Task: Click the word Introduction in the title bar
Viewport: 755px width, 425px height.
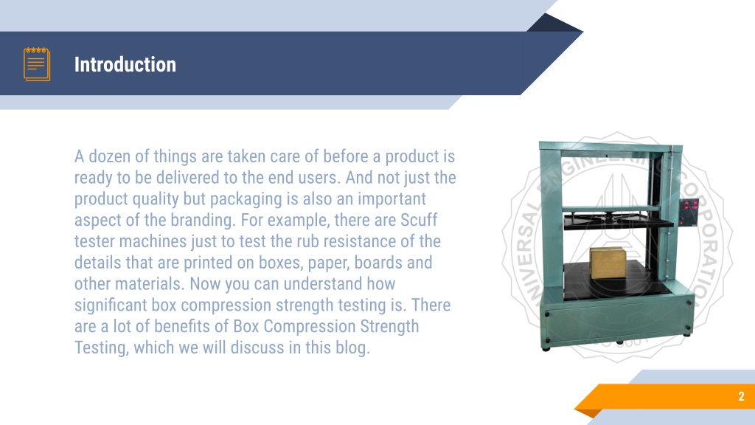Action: [x=125, y=65]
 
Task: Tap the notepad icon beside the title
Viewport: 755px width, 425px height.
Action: [x=37, y=64]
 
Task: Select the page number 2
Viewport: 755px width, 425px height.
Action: [x=741, y=397]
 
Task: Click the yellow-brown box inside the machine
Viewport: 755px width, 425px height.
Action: [x=607, y=263]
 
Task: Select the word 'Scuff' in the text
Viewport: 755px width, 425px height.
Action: [x=419, y=220]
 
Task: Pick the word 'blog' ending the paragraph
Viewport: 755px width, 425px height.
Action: [x=351, y=348]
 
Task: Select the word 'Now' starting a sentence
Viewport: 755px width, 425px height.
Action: [x=206, y=283]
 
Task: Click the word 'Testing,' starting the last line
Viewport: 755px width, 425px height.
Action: [x=102, y=348]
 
